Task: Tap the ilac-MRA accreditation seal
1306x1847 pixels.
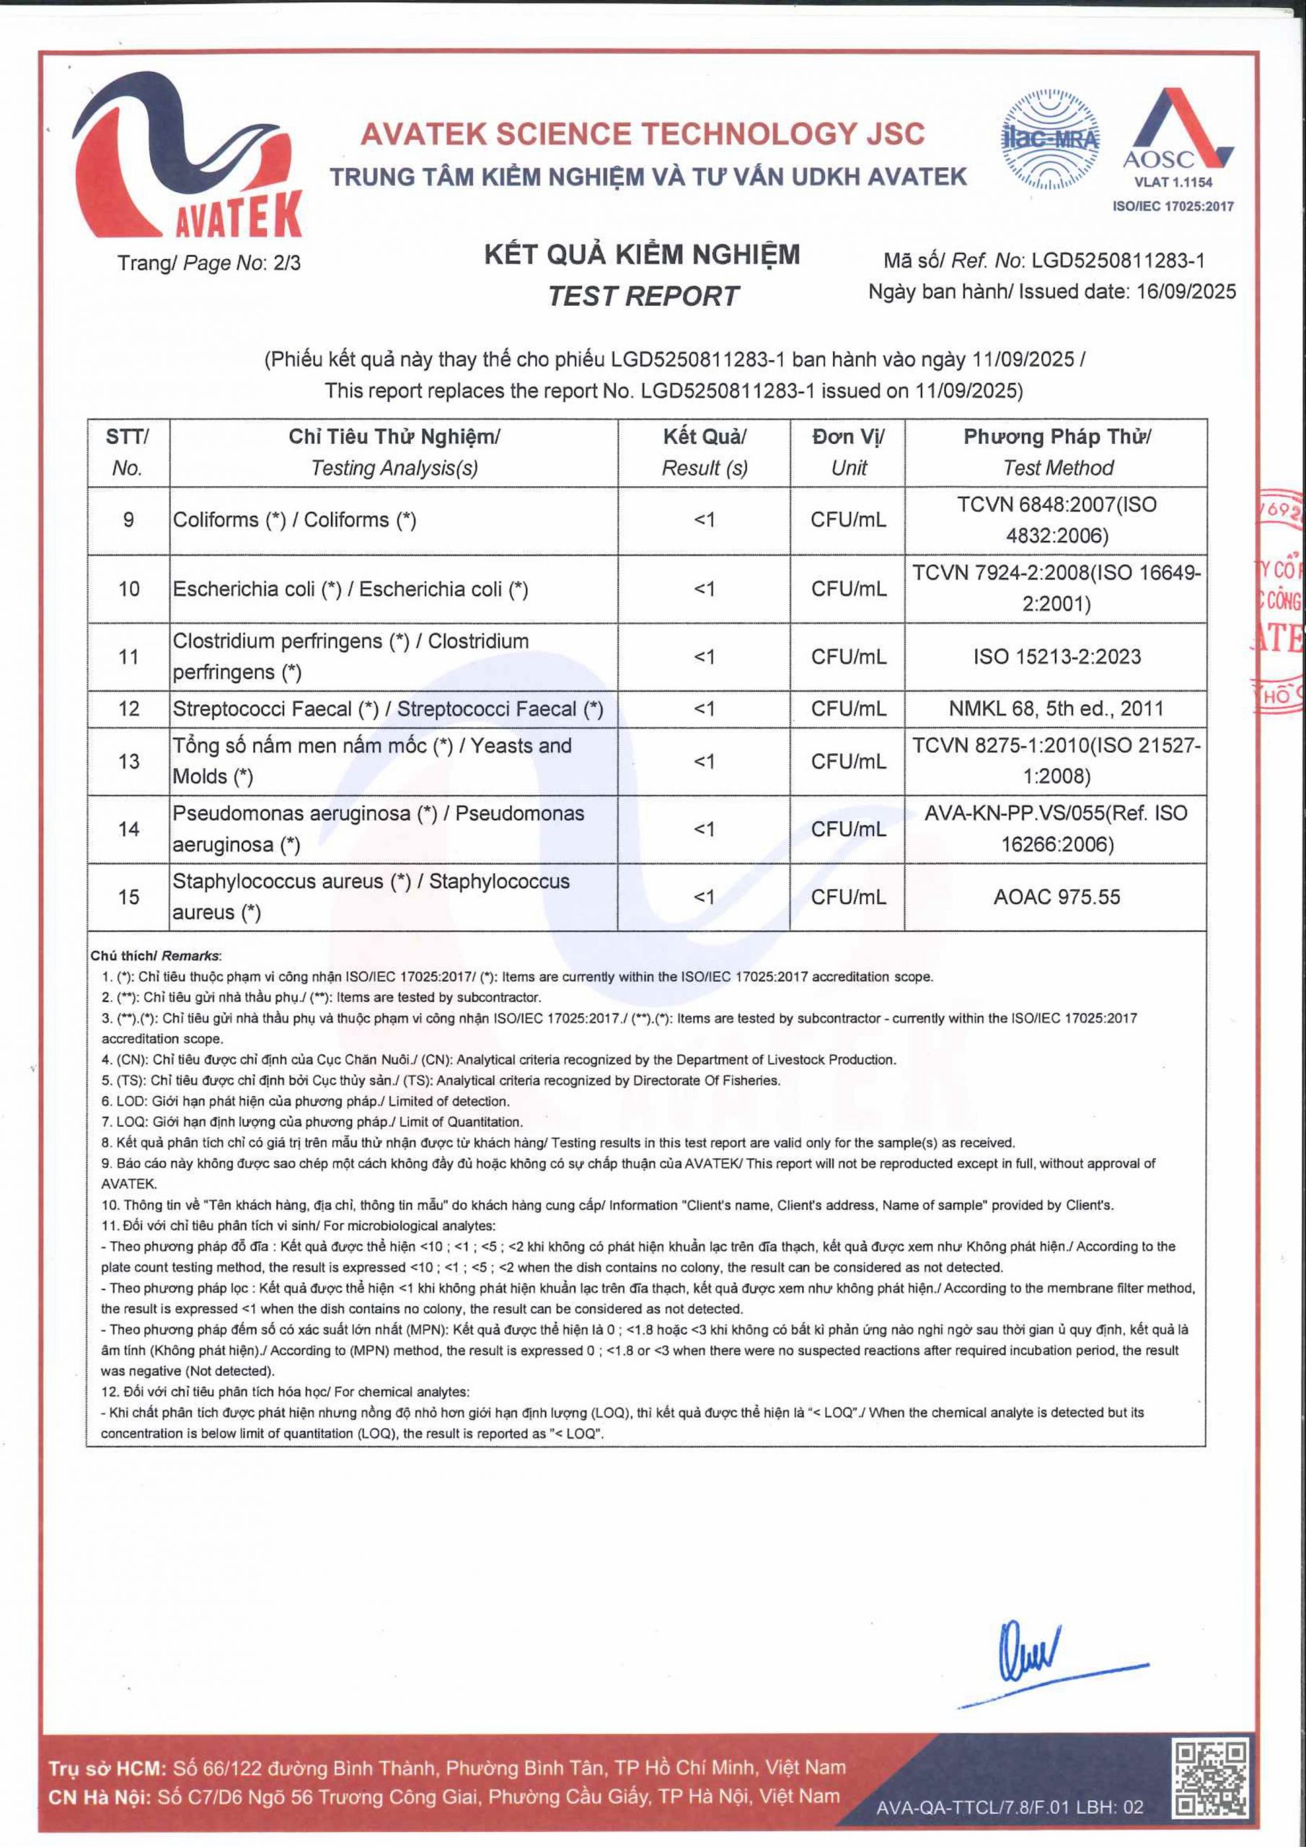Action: coord(1050,140)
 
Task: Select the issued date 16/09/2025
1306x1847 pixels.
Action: coord(1186,292)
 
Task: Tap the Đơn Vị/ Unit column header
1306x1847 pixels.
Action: coord(847,452)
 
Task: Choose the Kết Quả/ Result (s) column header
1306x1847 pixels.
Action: coord(705,452)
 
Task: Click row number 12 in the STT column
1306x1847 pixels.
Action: coord(128,708)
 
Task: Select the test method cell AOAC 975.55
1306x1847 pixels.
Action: coord(1056,897)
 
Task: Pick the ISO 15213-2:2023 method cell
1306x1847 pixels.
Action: coord(1056,657)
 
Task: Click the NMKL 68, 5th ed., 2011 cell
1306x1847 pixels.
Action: coord(1056,708)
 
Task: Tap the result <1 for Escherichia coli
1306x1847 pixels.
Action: coord(705,589)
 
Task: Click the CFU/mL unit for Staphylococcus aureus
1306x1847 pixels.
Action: coord(847,897)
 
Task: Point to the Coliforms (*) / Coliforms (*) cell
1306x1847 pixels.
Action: coord(294,519)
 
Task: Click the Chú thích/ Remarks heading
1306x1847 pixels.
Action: coord(155,956)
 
